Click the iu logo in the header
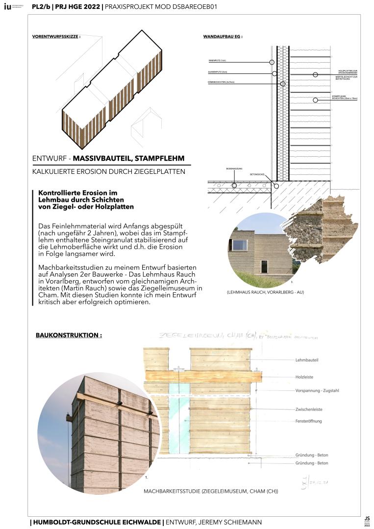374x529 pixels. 7,7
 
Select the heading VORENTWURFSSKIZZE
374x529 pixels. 55,37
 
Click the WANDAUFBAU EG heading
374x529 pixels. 223,37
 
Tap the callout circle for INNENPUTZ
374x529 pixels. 272,62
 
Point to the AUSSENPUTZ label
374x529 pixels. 217,72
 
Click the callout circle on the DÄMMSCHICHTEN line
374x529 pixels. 282,84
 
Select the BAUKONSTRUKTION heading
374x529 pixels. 69,336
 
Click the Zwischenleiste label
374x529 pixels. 309,409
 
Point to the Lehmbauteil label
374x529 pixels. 307,361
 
